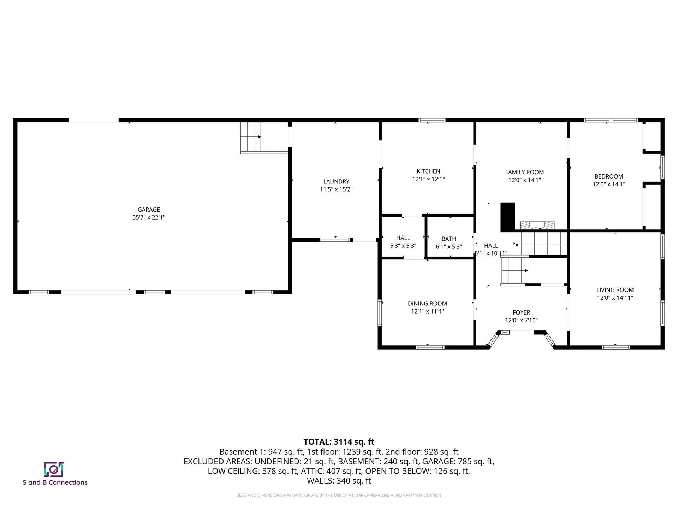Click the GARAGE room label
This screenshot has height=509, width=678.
(x=149, y=210)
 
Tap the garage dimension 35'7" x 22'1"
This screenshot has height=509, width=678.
(x=149, y=217)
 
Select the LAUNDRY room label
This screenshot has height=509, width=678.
(x=336, y=181)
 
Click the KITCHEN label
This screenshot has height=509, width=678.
(x=428, y=171)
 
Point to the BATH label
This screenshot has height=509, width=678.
(x=449, y=239)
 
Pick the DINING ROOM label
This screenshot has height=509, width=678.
(x=427, y=303)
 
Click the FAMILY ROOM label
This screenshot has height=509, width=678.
(x=524, y=172)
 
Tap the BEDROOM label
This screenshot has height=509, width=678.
(x=609, y=176)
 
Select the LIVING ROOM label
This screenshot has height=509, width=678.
(x=615, y=290)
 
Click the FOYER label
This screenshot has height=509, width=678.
(x=521, y=312)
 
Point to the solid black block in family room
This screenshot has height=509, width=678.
(x=508, y=217)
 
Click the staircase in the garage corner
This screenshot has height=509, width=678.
(x=251, y=136)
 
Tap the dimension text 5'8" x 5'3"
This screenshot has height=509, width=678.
(x=403, y=246)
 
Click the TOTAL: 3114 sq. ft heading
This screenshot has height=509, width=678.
(x=339, y=442)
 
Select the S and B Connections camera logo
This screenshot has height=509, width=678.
(x=54, y=469)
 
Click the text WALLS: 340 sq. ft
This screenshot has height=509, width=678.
(x=339, y=481)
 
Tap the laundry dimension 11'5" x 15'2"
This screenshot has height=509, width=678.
(x=336, y=189)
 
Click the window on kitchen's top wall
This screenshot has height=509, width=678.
(x=432, y=120)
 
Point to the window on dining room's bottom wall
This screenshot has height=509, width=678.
(x=430, y=347)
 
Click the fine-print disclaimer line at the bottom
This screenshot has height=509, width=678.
(x=339, y=495)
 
